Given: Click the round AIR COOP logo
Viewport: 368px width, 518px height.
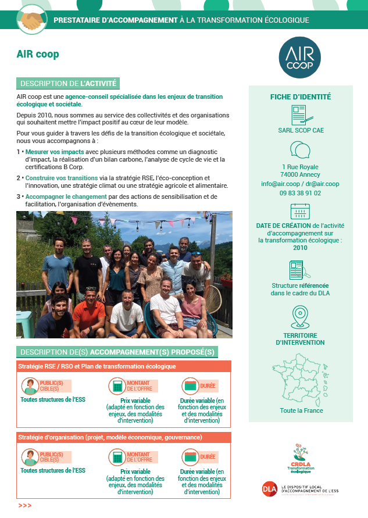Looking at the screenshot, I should click(x=300, y=58).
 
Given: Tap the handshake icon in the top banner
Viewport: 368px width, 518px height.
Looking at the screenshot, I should click(x=32, y=20).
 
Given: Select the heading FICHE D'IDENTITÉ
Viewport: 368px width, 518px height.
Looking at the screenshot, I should click(x=301, y=97).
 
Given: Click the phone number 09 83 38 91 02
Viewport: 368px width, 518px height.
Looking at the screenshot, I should click(x=301, y=193).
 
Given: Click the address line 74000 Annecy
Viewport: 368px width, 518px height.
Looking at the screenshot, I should click(x=301, y=174).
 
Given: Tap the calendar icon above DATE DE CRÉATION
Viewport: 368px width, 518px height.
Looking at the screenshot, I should click(x=300, y=211).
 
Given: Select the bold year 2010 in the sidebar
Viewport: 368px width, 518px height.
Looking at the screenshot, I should click(x=301, y=248).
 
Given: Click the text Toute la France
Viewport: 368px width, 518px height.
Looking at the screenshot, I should click(x=301, y=410).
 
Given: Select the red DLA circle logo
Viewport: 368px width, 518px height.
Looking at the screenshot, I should click(x=269, y=488).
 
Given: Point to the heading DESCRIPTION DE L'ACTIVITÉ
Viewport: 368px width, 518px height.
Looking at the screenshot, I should click(x=69, y=84).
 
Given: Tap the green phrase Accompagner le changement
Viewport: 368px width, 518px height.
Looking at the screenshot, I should click(x=65, y=197).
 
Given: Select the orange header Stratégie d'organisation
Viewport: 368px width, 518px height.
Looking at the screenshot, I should click(x=110, y=437).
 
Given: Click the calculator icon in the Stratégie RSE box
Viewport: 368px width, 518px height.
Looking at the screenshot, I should click(x=117, y=385).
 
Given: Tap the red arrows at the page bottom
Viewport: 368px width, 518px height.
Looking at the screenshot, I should click(x=24, y=506).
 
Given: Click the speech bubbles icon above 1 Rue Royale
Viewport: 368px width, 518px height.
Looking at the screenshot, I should click(x=300, y=150).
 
